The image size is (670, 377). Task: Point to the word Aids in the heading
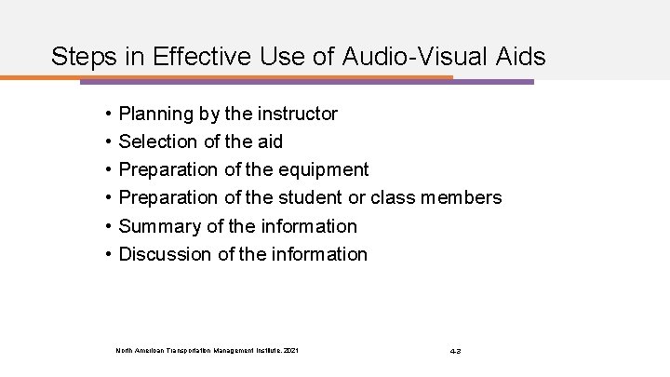point(520,57)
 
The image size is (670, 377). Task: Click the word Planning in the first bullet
point(155,114)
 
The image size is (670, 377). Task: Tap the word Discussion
point(162,254)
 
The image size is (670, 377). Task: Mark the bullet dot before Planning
point(110,114)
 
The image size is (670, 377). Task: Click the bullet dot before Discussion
point(110,254)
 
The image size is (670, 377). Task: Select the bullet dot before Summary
point(110,226)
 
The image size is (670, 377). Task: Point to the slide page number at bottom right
point(455,351)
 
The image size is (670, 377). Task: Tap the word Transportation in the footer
point(187,351)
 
